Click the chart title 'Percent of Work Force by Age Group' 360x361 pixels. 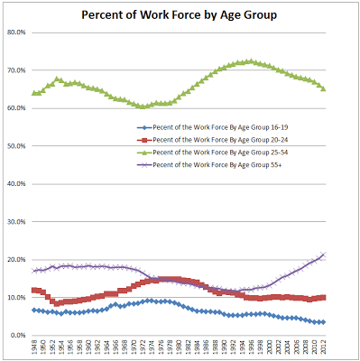[180, 15]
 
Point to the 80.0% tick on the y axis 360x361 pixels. [16, 32]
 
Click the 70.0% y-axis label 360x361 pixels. [16, 70]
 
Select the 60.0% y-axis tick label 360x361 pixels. [16, 108]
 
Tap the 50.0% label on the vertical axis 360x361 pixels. [16, 146]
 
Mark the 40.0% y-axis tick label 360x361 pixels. [16, 184]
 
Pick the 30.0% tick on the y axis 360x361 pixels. [16, 222]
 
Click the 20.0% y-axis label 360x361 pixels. [16, 260]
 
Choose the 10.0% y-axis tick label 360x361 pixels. [16, 298]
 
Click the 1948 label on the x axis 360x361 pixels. [34, 348]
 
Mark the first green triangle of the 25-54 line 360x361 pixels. [34, 93]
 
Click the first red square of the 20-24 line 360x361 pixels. [34, 291]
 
